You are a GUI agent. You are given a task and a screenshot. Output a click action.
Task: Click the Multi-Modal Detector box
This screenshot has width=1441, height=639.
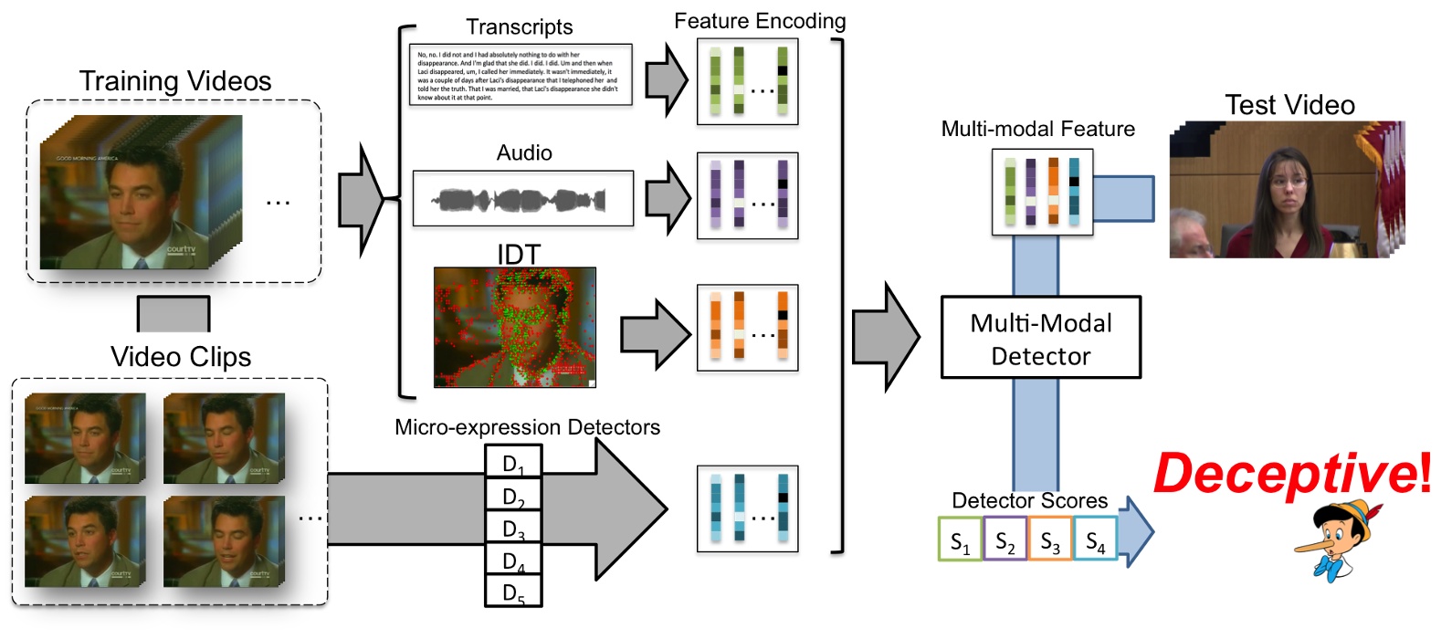[1040, 337]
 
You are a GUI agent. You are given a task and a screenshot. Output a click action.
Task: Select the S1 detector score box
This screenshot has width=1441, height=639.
[960, 539]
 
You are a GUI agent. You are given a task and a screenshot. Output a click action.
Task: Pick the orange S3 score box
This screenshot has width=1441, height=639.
[1049, 539]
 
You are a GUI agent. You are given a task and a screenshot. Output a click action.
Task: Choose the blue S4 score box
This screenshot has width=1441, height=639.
[1095, 539]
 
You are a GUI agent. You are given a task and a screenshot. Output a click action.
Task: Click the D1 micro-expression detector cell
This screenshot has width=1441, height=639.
[513, 461]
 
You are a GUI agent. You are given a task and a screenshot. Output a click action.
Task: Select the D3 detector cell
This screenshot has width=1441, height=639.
[513, 527]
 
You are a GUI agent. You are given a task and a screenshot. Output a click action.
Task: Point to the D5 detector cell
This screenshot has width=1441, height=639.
[513, 592]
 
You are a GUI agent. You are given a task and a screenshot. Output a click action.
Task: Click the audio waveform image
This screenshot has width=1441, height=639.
[522, 198]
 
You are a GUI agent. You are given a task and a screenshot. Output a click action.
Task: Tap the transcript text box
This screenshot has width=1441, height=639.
[521, 75]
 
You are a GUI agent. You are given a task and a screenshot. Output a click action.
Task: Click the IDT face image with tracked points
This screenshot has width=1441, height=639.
[514, 327]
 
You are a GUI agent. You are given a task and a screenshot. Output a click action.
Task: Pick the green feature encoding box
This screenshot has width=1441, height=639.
[747, 81]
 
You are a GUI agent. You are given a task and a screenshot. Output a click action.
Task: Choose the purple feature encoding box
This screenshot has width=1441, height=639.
[747, 195]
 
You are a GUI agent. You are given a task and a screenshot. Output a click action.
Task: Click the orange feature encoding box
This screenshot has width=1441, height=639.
[747, 328]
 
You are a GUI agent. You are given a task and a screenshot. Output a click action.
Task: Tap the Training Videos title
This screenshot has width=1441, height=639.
[175, 81]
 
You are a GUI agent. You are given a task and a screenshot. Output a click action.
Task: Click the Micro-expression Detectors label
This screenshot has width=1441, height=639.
[527, 427]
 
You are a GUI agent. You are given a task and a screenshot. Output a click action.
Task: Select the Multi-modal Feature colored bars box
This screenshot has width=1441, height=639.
[1042, 193]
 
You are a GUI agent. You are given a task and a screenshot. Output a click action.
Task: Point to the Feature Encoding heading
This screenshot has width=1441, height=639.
[760, 21]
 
